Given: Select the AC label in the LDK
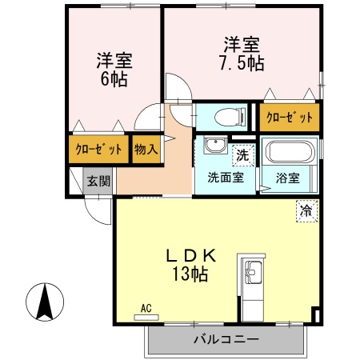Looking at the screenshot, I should tap(146, 308).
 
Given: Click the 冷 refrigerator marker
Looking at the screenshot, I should tap(306, 211).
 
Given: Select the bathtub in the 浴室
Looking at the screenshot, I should tap(291, 151).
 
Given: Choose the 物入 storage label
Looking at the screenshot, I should tap(146, 149).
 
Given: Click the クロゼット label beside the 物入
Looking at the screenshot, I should tap(98, 150).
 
